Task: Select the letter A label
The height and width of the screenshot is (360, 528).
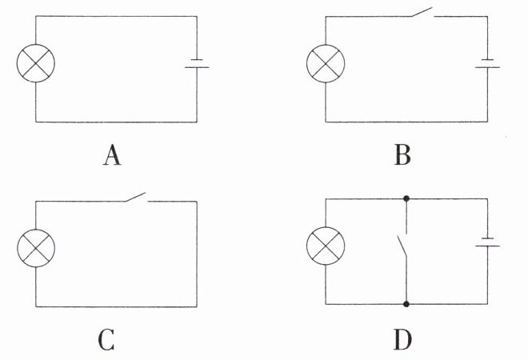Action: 112,154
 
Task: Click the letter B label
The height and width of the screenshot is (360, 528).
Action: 402,154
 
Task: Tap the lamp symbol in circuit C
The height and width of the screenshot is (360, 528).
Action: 35,250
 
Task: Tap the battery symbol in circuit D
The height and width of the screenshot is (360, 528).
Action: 487,246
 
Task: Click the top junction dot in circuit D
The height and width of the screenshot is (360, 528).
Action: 406,198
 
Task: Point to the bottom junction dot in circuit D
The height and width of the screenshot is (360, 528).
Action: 406,304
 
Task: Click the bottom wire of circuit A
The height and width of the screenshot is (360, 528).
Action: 116,122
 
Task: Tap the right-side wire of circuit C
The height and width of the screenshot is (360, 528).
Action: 197,252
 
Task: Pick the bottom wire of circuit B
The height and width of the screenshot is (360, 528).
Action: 406,122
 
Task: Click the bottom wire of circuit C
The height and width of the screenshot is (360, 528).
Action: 116,306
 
